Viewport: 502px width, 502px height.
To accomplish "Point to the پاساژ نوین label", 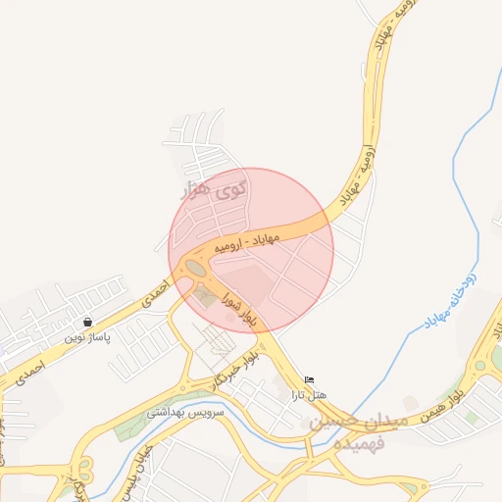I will click(x=88, y=336).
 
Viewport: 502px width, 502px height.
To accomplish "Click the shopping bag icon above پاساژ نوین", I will click(x=88, y=322).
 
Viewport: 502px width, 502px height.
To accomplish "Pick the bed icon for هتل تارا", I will click(x=310, y=380).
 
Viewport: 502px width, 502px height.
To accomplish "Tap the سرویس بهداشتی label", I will click(x=186, y=413).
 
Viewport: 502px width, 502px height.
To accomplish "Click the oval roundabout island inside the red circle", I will click(x=196, y=268).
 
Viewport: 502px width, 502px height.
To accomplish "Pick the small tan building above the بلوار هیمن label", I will click(x=411, y=403).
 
